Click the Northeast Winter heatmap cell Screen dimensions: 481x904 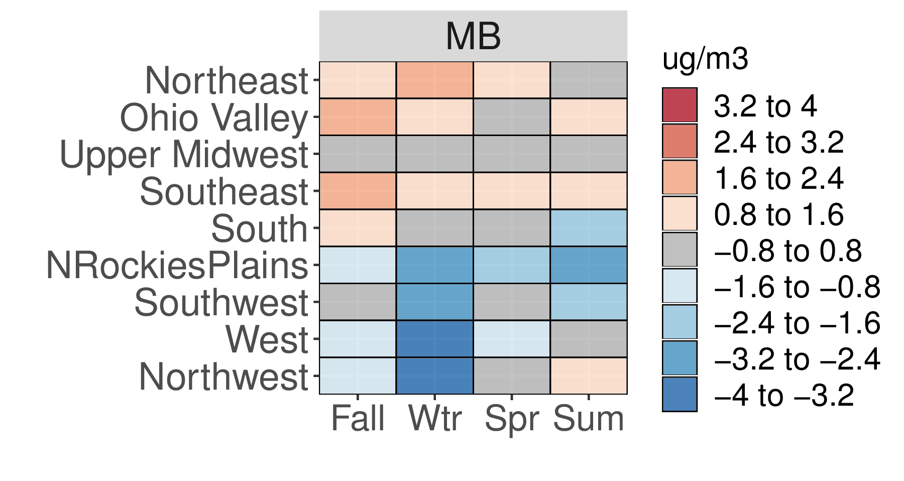click(x=434, y=80)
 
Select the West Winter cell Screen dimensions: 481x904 click(x=434, y=338)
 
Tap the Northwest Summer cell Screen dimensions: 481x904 click(x=589, y=376)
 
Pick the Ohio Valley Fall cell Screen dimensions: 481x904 click(x=358, y=117)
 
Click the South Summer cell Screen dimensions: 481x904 click(x=589, y=228)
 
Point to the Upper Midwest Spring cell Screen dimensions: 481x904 click(x=512, y=154)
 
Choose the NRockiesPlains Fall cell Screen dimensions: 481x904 click(x=358, y=265)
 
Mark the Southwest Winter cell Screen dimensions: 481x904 click(x=434, y=302)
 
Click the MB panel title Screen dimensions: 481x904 click(x=473, y=36)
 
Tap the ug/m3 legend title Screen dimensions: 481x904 click(x=705, y=60)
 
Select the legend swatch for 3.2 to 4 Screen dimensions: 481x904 click(x=680, y=105)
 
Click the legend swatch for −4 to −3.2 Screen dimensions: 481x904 click(x=680, y=394)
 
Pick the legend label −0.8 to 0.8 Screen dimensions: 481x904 click(x=787, y=250)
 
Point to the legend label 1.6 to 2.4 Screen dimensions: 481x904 click(x=778, y=178)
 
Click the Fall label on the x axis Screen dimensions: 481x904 click(x=358, y=418)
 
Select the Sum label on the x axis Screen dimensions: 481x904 click(x=589, y=418)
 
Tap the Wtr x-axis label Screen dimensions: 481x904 click(x=434, y=418)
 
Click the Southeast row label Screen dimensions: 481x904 click(x=224, y=192)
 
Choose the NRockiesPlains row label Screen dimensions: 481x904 click(x=177, y=266)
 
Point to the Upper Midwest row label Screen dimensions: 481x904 click(x=184, y=155)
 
